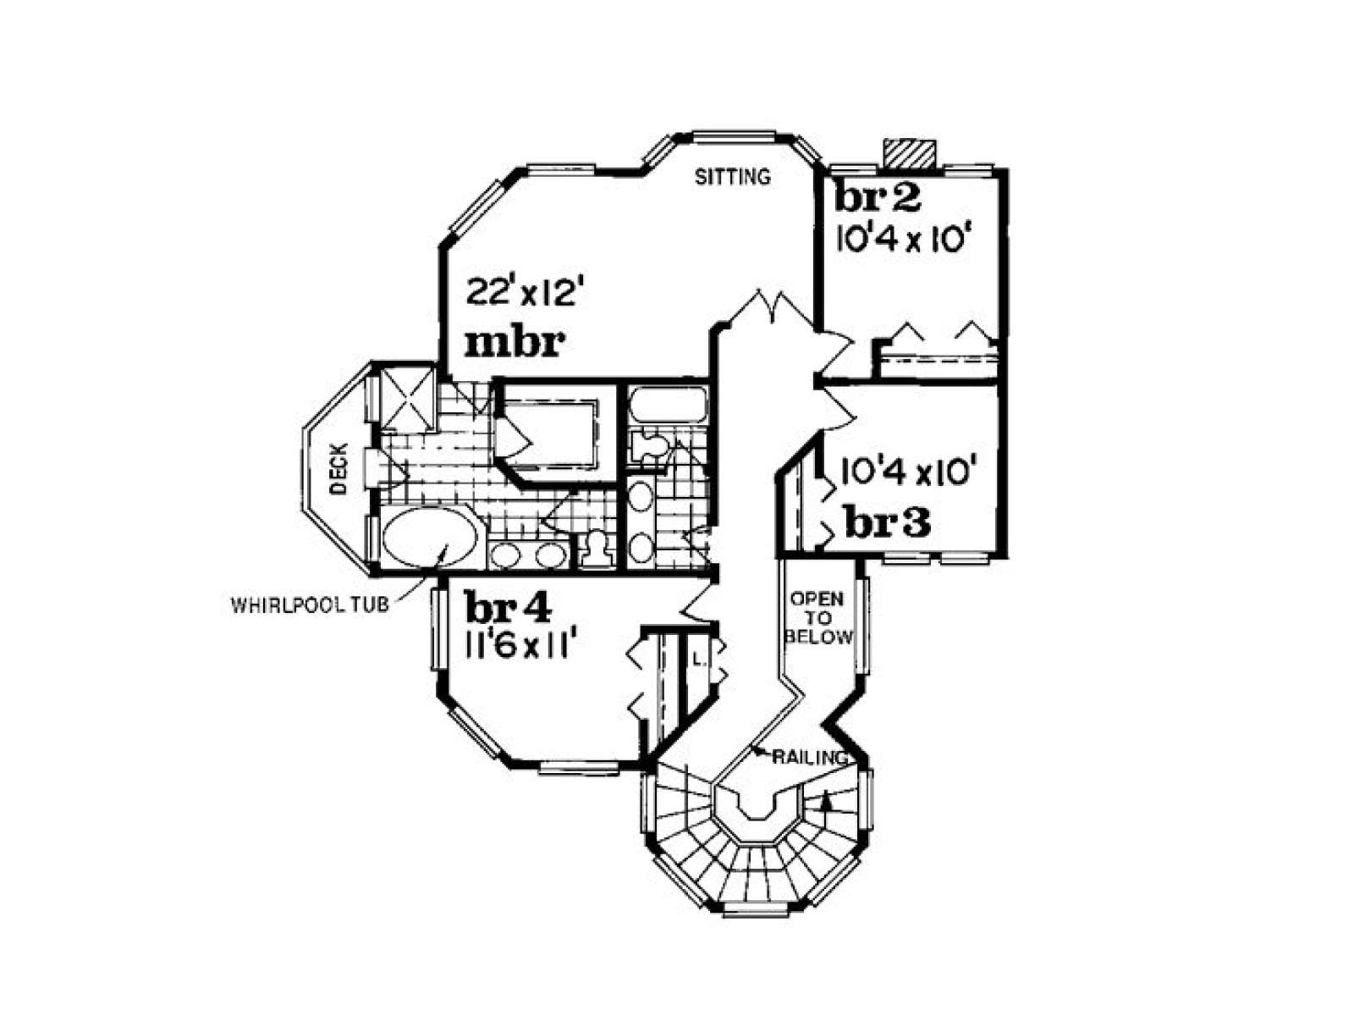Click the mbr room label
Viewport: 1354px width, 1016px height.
[515, 344]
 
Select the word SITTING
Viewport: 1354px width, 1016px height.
[732, 177]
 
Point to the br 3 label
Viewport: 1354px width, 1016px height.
[888, 524]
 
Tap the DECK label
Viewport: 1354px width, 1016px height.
[339, 468]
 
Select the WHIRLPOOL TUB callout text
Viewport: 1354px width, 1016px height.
[310, 605]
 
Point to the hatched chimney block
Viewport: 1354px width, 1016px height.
[910, 153]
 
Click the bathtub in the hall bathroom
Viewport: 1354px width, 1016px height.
[666, 406]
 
